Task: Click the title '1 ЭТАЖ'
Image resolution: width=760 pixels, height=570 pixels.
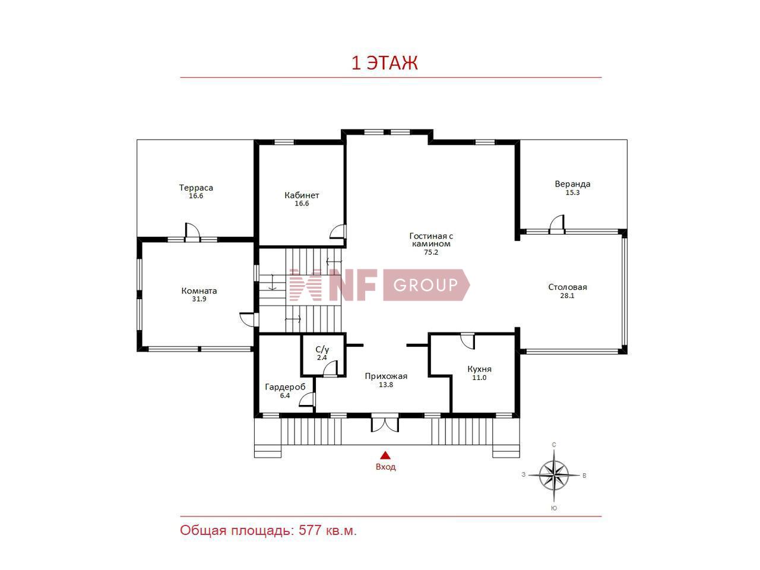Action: [384, 63]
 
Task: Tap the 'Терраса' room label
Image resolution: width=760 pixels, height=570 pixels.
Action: [196, 188]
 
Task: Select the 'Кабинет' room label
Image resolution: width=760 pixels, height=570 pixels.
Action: [302, 195]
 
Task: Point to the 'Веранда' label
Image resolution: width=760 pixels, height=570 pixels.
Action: [572, 184]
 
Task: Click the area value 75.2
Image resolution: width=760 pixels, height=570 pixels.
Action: [431, 252]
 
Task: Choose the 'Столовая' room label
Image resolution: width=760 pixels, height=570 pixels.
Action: [568, 287]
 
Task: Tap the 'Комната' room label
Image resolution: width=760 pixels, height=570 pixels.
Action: [199, 291]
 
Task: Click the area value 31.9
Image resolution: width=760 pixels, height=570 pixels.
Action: [199, 299]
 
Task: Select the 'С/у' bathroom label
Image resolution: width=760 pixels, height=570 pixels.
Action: [322, 350]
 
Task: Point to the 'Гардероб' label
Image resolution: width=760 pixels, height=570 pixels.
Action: [285, 387]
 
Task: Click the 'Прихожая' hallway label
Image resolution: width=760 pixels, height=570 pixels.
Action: [386, 376]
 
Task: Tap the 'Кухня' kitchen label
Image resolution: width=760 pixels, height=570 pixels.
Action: [479, 369]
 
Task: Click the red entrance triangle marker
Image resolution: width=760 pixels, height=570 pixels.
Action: [385, 455]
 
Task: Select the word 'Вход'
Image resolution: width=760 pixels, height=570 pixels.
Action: [385, 467]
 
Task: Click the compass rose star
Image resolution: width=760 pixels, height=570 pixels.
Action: [553, 475]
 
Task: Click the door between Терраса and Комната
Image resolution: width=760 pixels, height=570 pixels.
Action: [192, 231]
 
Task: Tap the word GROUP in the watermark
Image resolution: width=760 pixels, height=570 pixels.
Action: [426, 285]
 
